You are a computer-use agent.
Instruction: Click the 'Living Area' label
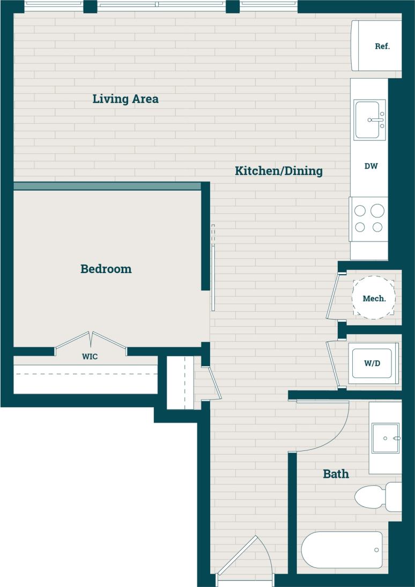point(125,99)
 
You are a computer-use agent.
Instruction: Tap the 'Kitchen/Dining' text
point(279,171)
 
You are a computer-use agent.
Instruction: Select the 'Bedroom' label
point(106,269)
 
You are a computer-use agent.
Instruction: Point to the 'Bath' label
point(336,474)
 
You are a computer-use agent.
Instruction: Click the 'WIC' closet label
point(90,357)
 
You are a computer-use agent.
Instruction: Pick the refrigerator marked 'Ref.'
point(377,46)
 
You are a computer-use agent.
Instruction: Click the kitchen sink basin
point(369,120)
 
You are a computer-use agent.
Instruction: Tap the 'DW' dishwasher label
point(371,166)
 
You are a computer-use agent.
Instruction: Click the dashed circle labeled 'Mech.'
point(374,298)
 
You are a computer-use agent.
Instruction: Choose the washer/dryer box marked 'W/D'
point(373,364)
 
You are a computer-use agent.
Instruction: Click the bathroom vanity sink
point(385,438)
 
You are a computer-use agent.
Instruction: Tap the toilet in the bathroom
point(377,496)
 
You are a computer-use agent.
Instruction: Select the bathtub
point(342,550)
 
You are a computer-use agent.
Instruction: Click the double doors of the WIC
point(91,341)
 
